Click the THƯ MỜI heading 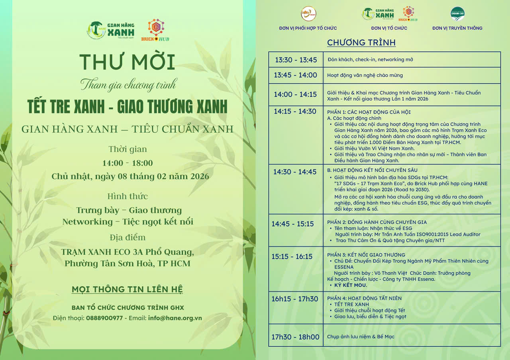(x=127, y=62)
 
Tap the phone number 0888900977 (x=104, y=318)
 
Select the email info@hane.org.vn (x=175, y=318)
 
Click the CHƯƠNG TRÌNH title (x=361, y=43)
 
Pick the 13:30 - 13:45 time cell (x=296, y=60)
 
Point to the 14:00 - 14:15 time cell (x=295, y=94)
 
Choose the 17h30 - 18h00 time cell (x=295, y=337)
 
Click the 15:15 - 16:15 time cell (x=292, y=256)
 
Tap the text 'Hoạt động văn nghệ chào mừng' (x=365, y=75)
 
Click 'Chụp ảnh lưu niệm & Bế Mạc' (x=361, y=337)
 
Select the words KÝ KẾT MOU (x=351, y=285)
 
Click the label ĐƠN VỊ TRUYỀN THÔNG (x=457, y=28)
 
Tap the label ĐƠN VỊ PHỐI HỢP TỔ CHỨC (x=308, y=28)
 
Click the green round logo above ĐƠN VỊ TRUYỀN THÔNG (x=457, y=14)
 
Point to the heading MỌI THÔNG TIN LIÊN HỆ (x=127, y=289)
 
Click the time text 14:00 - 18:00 (x=127, y=163)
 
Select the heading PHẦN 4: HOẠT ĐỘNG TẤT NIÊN (x=364, y=298)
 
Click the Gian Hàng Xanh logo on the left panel (x=111, y=30)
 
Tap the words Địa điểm (x=127, y=238)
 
